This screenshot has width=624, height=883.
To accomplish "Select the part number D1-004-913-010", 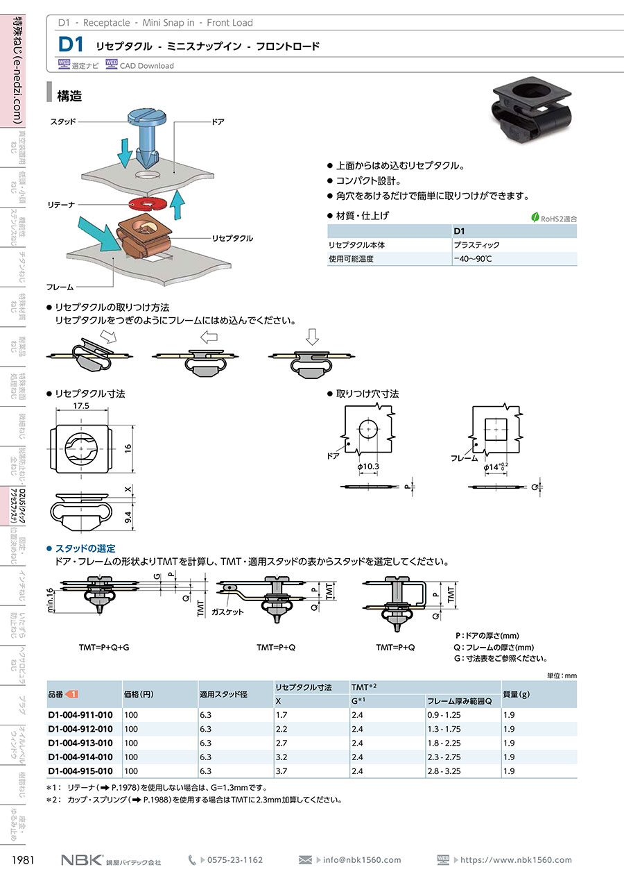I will (80, 743).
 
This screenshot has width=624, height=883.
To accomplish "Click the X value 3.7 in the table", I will (281, 771).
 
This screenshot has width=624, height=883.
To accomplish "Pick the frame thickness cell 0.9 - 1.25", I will (444, 715).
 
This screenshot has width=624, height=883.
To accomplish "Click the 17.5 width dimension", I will (82, 407).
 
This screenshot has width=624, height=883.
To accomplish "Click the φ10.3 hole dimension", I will (368, 467).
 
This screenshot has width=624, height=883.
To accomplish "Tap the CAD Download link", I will (146, 66).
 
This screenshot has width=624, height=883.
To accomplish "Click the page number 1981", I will (24, 860).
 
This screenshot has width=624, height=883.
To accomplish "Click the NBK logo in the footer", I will (82, 860).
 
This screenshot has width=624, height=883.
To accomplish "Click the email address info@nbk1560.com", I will (362, 860).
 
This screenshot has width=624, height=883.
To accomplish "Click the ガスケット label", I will (228, 612).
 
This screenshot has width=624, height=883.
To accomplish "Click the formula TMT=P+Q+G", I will (105, 647).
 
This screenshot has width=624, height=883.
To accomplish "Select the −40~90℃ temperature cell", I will (474, 259).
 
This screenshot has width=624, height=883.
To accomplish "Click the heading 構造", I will (69, 96).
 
